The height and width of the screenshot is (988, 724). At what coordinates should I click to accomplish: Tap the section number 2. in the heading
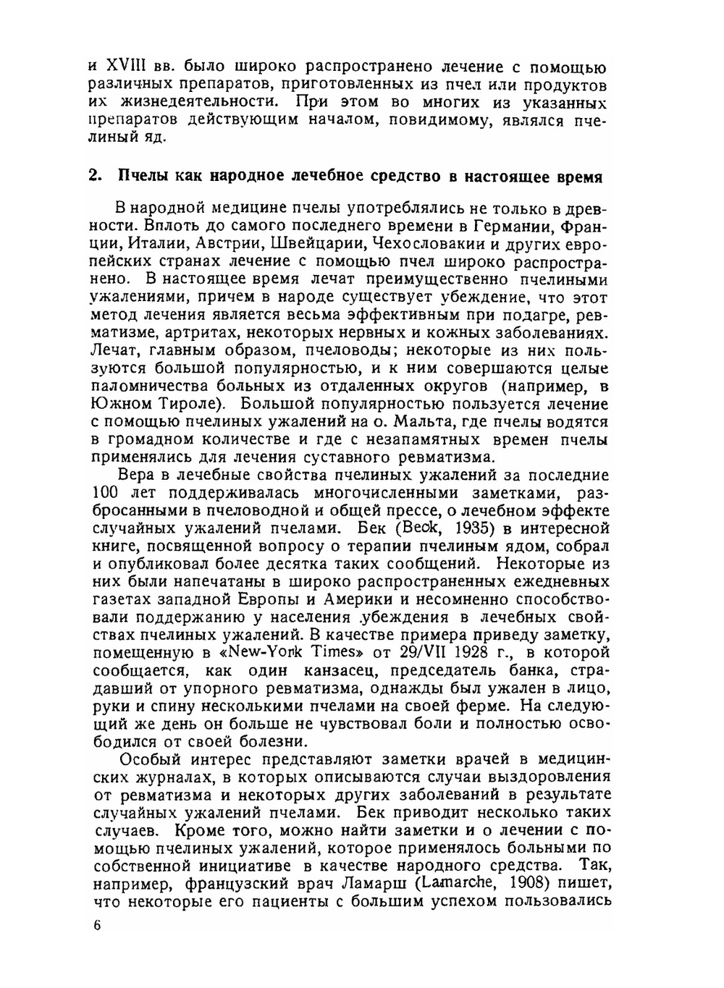(94, 177)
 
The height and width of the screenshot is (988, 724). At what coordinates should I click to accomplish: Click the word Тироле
(190, 405)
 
